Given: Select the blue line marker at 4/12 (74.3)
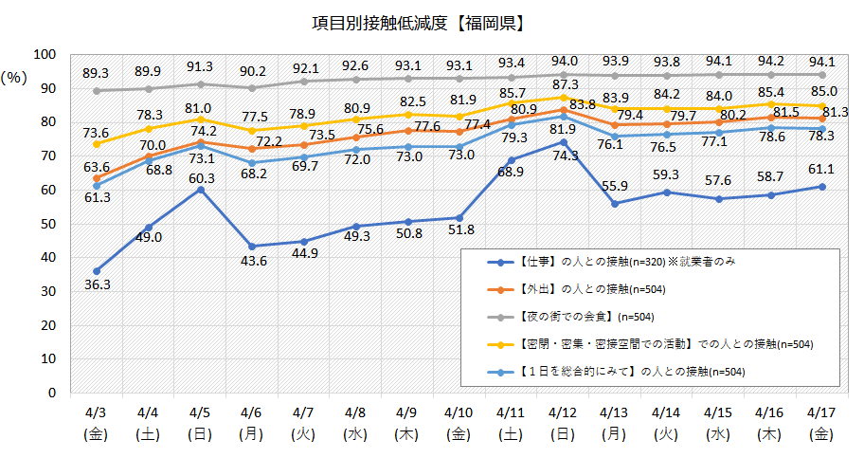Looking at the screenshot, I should click(x=563, y=142).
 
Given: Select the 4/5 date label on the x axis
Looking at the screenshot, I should click(x=199, y=413).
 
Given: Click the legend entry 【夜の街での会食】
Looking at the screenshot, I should click(x=567, y=315).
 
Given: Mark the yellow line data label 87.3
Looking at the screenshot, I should click(x=565, y=84).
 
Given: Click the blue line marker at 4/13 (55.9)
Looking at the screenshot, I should click(x=615, y=204).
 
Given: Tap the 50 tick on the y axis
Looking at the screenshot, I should click(x=47, y=224).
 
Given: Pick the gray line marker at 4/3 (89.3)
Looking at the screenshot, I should click(x=97, y=91).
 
